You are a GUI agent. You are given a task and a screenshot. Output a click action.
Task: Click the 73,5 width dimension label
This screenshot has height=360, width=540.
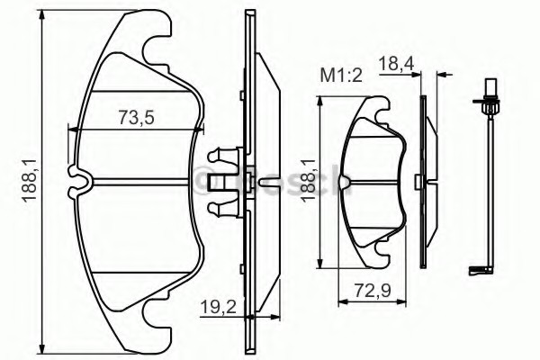(136, 117)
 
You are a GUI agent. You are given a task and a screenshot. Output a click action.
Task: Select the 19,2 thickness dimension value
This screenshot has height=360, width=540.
(219, 307)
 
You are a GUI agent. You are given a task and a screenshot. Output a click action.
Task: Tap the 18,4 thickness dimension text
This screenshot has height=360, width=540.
(396, 64)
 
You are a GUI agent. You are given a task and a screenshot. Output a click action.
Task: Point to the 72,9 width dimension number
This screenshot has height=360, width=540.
(373, 291)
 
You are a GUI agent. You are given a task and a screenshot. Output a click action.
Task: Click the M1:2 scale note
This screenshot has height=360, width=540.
(341, 76)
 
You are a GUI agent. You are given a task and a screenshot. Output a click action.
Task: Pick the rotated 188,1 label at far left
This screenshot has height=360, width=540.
(30, 181)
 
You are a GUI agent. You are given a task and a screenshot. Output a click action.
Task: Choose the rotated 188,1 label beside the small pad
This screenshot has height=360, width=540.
(308, 181)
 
